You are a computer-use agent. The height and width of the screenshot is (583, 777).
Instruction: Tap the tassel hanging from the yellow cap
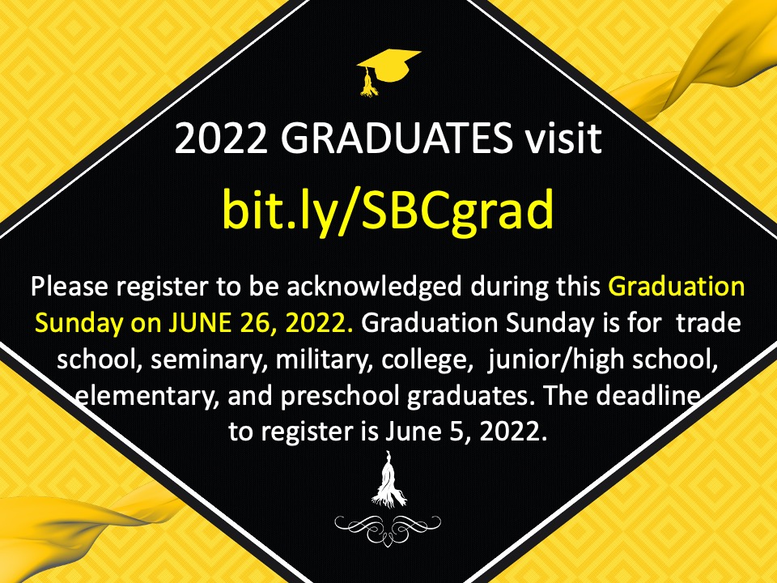(x=368, y=83)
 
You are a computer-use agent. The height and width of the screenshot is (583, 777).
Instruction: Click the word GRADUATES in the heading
(x=397, y=138)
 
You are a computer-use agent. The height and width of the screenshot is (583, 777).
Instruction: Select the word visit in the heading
(x=563, y=138)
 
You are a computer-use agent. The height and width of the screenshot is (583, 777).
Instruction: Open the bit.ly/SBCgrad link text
(x=388, y=210)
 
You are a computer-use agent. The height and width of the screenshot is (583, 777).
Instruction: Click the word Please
(x=71, y=287)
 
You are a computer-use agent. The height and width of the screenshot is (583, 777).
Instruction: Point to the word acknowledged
(x=374, y=287)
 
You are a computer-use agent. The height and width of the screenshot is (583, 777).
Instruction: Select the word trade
(x=709, y=323)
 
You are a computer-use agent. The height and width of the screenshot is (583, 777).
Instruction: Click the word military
(x=324, y=360)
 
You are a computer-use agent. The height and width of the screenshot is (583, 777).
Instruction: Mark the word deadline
(x=648, y=396)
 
